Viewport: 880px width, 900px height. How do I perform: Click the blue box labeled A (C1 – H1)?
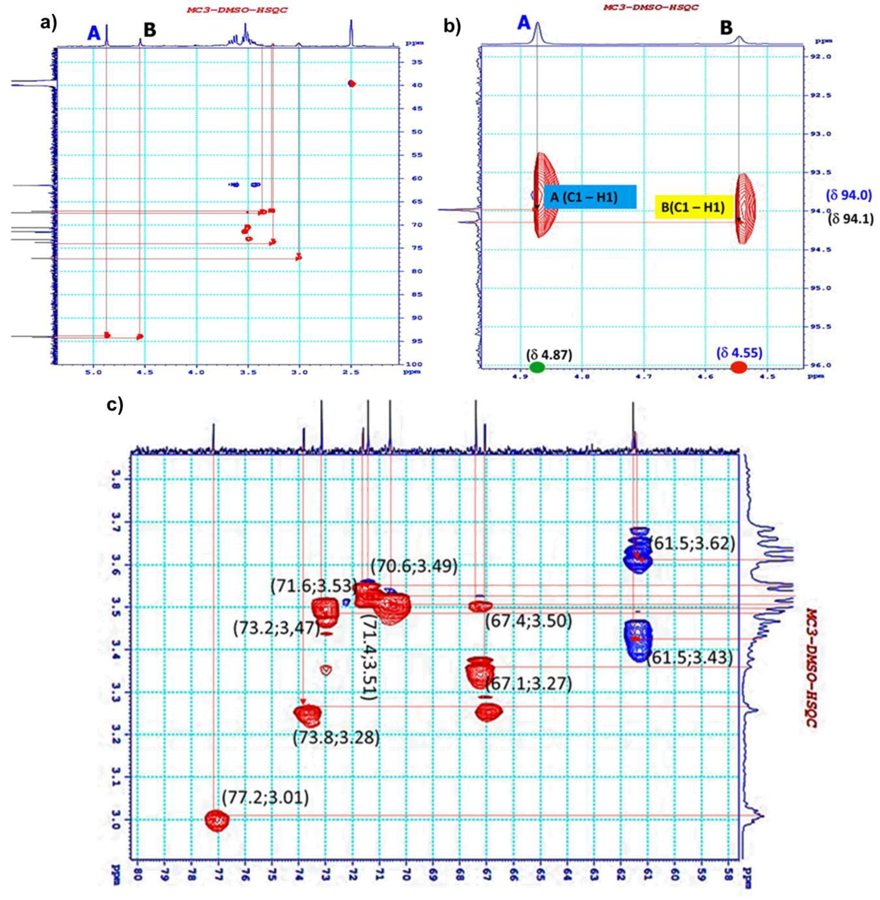[590, 197]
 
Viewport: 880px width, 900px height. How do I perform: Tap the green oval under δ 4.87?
[537, 368]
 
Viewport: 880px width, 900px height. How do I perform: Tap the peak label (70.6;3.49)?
[414, 566]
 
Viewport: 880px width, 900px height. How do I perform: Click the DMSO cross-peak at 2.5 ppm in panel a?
[352, 84]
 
